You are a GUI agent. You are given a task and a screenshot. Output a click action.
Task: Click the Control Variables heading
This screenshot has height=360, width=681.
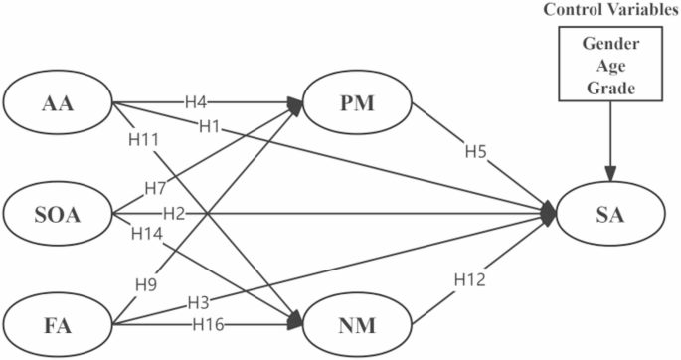click(x=606, y=10)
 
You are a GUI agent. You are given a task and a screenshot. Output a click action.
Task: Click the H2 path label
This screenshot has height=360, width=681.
click(x=174, y=212)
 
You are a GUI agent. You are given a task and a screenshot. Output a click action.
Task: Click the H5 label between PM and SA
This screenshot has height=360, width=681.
click(x=476, y=154)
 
